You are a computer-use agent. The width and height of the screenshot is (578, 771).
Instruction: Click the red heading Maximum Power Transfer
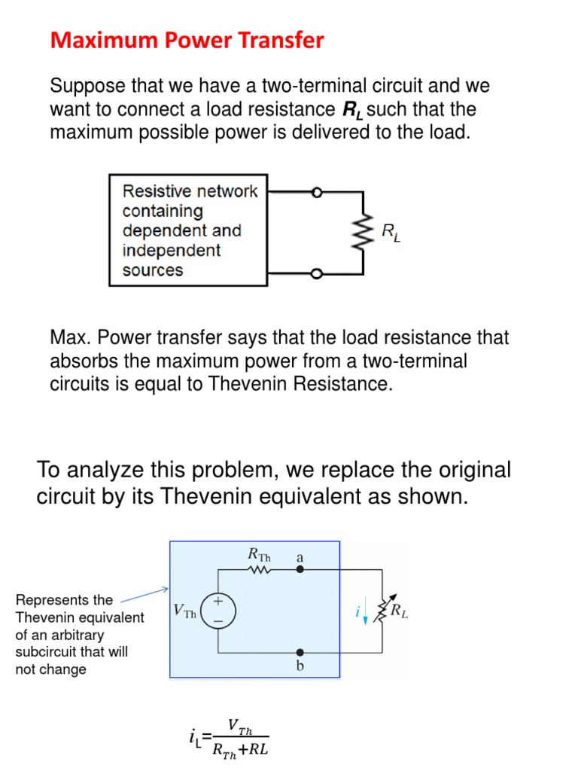coord(187,40)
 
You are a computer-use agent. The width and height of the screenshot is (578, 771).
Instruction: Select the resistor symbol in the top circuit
coord(365,233)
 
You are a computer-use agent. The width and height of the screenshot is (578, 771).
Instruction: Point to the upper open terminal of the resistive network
coord(317,193)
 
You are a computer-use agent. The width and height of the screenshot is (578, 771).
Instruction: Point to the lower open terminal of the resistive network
coord(317,273)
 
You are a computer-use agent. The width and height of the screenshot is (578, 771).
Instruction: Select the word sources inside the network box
coord(153,270)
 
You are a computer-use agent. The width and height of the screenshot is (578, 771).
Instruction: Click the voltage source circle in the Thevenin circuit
coord(219,611)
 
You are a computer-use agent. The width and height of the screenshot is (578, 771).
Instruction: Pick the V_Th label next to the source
coord(184,611)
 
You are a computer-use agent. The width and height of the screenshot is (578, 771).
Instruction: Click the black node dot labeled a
coord(300,570)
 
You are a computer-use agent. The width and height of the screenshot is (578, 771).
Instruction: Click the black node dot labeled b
coord(300,651)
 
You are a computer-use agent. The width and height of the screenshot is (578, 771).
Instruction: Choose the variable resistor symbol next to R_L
coord(383,611)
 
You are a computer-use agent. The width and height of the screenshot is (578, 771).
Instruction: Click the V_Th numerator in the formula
coord(241,728)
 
